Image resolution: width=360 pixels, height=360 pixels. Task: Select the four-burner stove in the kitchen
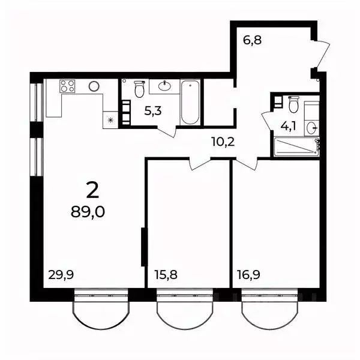click(x=68, y=86)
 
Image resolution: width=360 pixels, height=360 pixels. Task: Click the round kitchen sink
click(x=93, y=86)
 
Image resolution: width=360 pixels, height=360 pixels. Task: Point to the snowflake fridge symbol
click(x=110, y=120)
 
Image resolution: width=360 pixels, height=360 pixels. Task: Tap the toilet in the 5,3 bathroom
click(x=139, y=89)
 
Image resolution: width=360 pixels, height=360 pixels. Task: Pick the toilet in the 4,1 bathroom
click(x=293, y=106)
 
